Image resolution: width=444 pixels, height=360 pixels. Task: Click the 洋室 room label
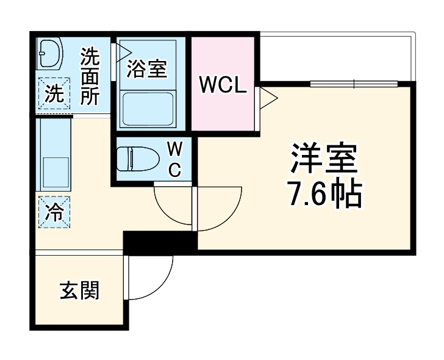coord(323,160)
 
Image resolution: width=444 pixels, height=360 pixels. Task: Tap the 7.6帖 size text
coord(324,195)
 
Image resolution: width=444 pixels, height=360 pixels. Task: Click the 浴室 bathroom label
coord(146,69)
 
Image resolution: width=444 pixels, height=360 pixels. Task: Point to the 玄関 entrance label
coord(79,291)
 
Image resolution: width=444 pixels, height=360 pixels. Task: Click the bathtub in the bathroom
coord(148,108)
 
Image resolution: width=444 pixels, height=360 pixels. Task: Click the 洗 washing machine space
coord(54,94)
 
